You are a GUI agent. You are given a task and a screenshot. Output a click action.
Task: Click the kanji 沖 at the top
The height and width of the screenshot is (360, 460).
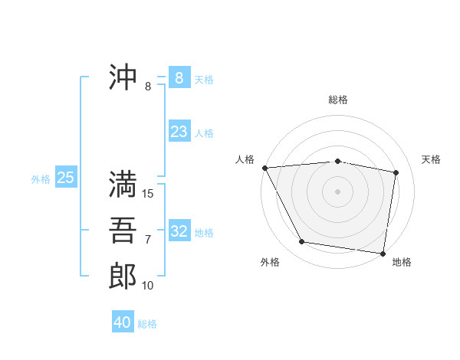click(123, 77)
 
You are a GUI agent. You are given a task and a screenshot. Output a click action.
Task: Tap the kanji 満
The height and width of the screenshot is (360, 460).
click(123, 185)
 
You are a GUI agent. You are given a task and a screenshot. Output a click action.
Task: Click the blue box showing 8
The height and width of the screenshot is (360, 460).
click(179, 77)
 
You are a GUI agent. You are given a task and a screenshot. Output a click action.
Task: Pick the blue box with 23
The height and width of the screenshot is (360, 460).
click(179, 132)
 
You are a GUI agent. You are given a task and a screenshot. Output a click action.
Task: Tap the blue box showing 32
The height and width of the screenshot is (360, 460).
click(179, 231)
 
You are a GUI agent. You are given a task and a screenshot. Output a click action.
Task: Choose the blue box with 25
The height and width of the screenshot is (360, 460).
click(66, 178)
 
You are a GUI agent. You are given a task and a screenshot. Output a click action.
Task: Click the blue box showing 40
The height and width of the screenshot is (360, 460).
click(123, 322)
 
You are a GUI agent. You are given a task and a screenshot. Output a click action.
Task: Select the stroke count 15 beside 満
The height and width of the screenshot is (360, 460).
click(148, 194)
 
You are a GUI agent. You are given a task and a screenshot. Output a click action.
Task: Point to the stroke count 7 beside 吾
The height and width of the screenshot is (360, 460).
click(148, 240)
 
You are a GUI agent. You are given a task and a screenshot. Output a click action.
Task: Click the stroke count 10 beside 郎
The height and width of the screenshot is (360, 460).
click(148, 286)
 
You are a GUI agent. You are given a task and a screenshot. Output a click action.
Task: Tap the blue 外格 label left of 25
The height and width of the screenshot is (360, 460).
click(41, 179)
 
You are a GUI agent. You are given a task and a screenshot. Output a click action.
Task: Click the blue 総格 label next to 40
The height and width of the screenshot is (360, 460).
click(147, 324)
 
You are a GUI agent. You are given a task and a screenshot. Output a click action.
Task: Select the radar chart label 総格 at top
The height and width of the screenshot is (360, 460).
click(338, 100)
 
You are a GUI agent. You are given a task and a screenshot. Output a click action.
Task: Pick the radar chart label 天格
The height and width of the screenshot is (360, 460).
click(432, 159)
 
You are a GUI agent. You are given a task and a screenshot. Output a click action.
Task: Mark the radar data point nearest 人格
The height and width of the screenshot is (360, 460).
click(264, 167)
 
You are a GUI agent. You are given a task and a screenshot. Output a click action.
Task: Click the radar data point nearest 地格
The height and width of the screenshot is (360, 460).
click(383, 253)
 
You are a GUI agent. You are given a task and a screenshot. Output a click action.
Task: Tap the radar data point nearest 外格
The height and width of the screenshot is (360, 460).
click(302, 242)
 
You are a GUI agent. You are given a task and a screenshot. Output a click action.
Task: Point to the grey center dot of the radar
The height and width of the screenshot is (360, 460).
click(338, 191)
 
